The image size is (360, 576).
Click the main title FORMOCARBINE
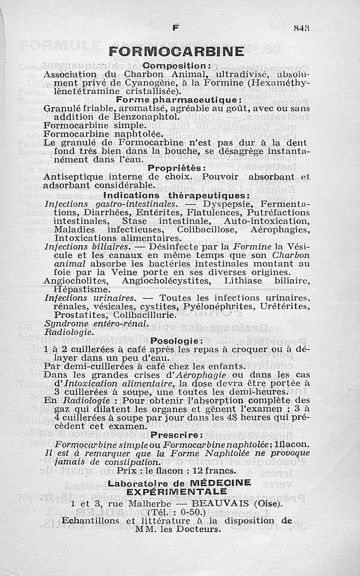[x=177, y=51]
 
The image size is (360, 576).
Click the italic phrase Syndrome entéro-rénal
[x=96, y=324]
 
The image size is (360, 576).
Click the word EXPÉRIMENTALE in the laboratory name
[x=177, y=491]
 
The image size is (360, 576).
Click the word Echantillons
[x=92, y=521]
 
